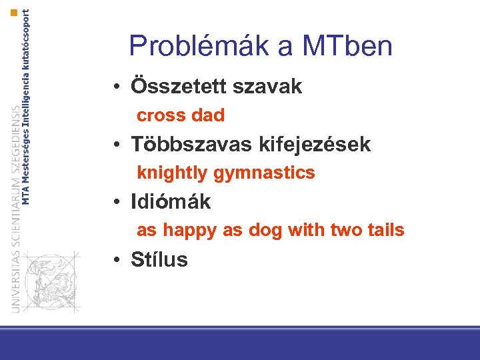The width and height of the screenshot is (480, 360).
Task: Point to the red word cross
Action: [x=161, y=115]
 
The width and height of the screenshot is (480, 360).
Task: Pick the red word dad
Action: [x=207, y=115]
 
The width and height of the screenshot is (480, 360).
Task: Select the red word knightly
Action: [x=172, y=173]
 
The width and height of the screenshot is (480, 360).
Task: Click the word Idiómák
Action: [x=171, y=201]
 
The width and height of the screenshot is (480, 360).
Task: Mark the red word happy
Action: [x=190, y=231]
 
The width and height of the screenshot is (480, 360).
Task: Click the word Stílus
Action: [x=159, y=259]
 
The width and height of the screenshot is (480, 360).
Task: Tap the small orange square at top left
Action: [x=14, y=13]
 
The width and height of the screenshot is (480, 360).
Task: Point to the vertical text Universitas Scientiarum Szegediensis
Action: [x=15, y=207]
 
